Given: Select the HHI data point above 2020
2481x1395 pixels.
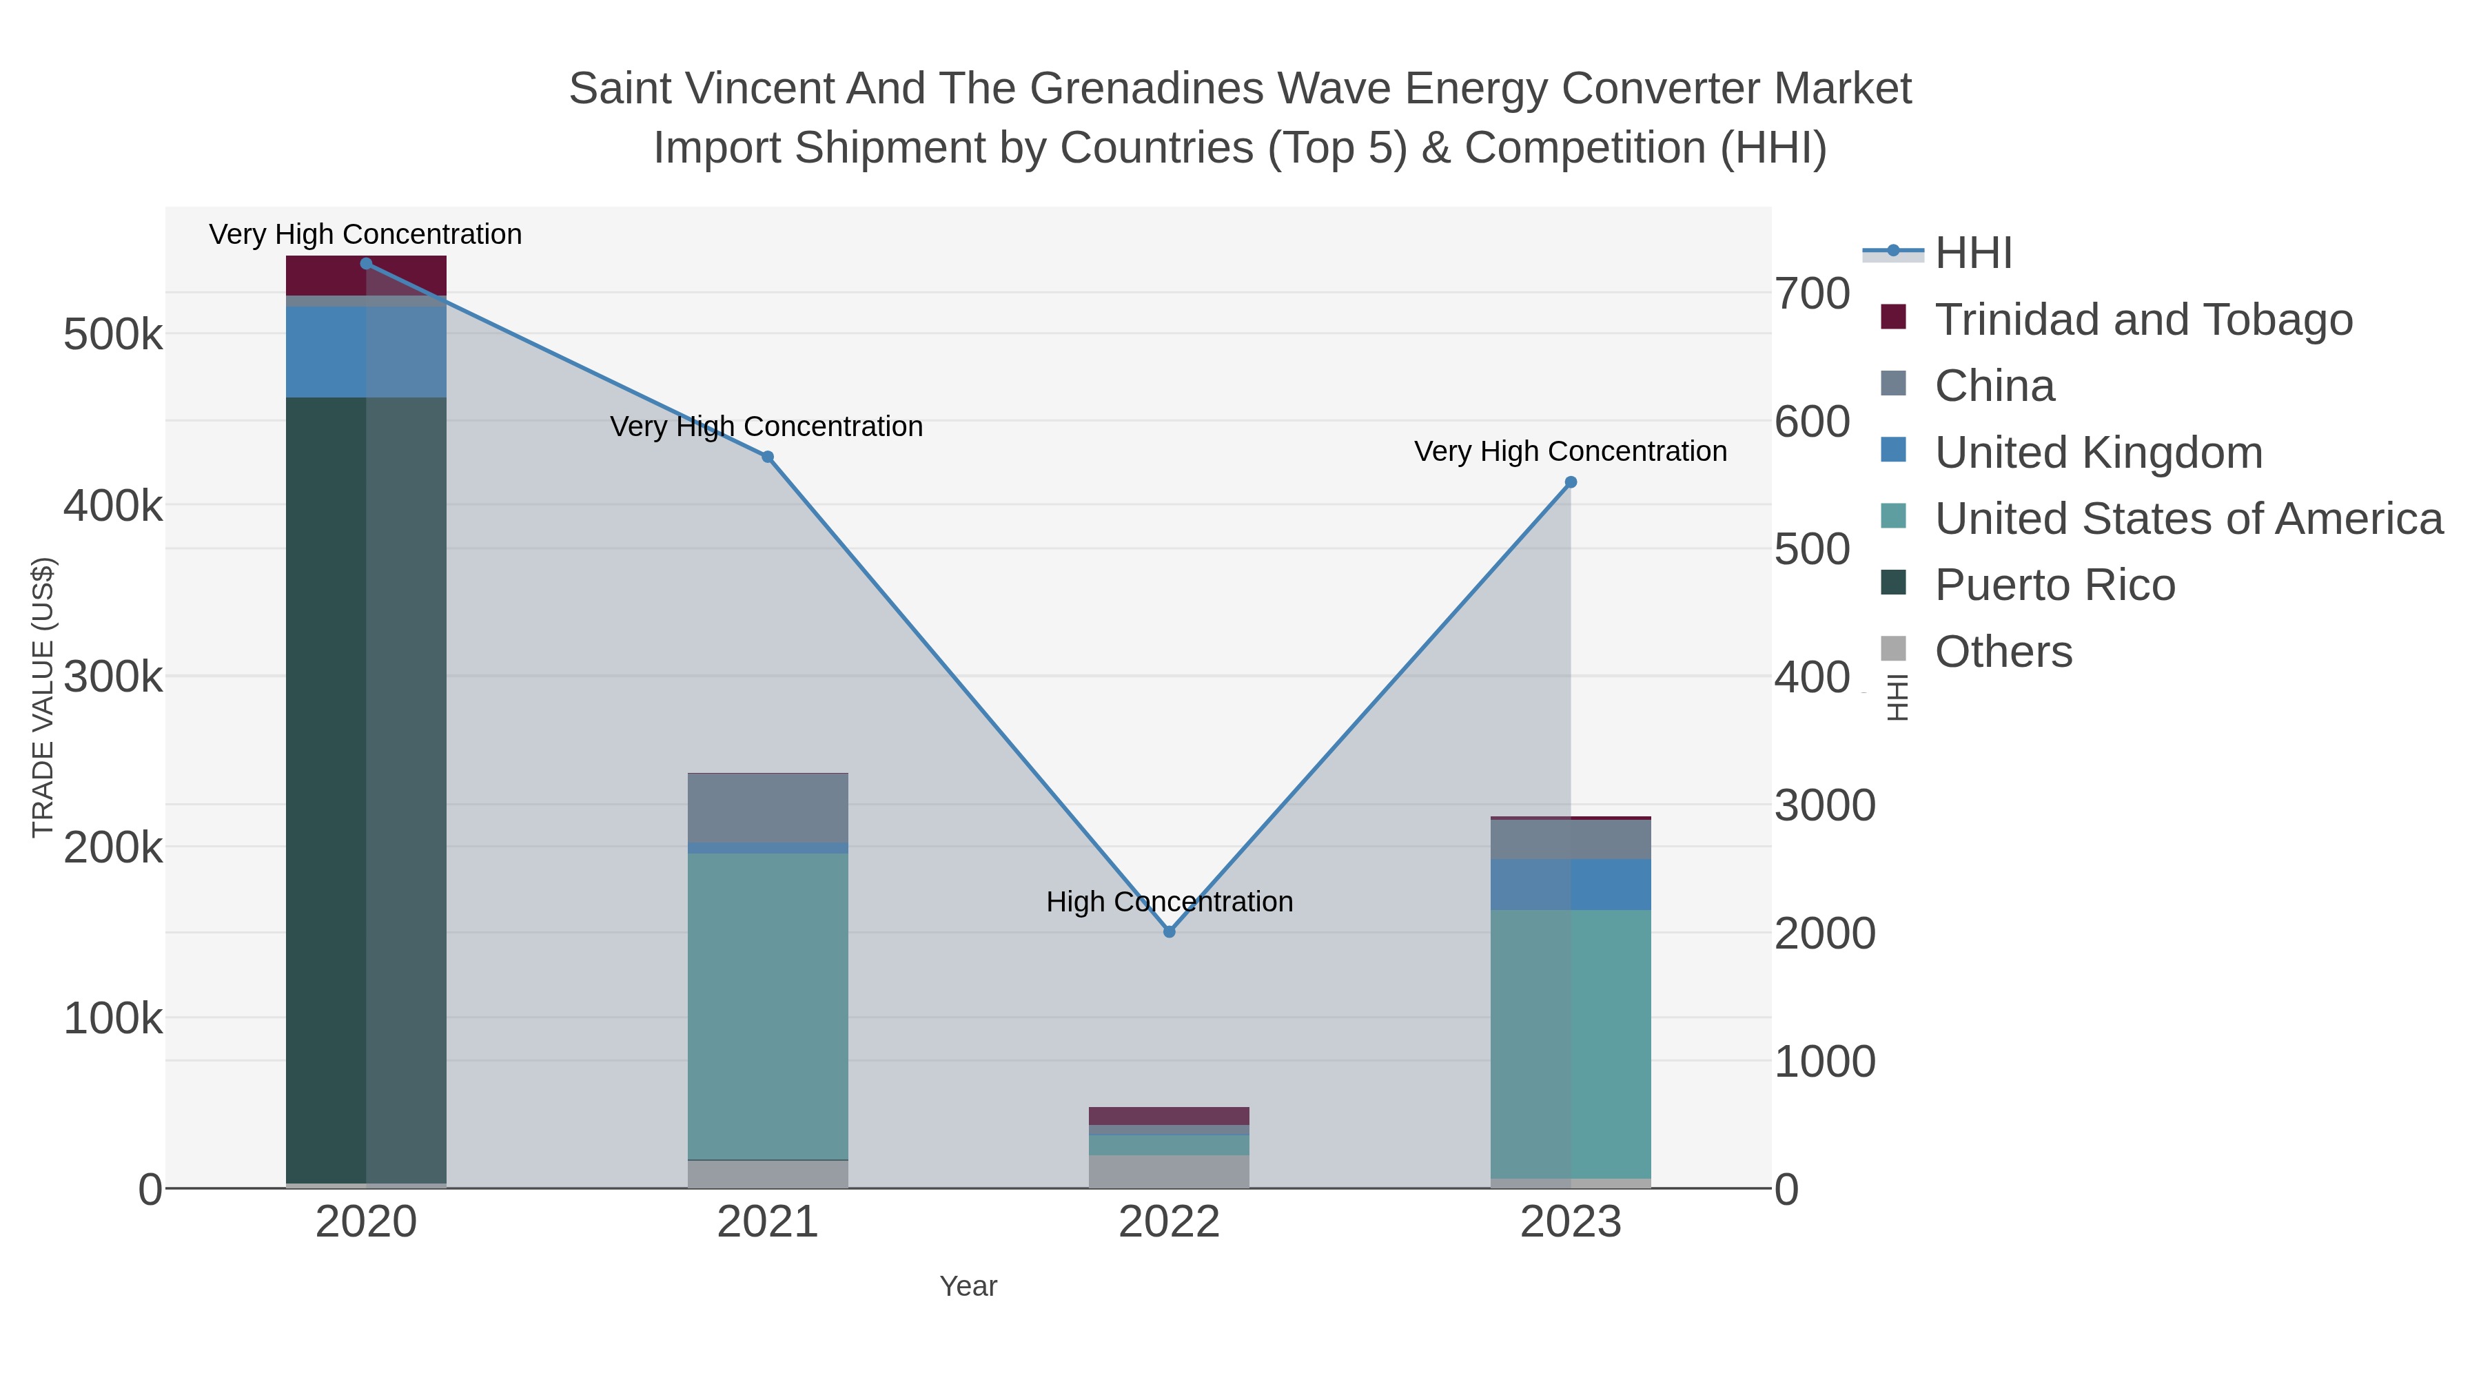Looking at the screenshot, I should [366, 264].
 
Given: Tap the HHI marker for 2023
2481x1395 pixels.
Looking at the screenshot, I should [1571, 482].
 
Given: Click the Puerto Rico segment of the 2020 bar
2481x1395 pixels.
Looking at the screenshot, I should [366, 789].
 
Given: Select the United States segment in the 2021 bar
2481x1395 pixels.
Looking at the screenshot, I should [768, 1006].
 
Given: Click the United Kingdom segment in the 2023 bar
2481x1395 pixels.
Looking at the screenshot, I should [1571, 885].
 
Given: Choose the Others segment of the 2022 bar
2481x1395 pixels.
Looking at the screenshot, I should [1170, 1172].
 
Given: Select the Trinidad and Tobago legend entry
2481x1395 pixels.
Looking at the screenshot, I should [2143, 320].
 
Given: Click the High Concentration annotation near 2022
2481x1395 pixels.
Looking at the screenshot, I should [1170, 902].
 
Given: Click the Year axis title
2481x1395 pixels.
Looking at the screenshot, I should [968, 1286].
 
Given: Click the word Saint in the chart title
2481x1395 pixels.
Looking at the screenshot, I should [620, 89].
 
